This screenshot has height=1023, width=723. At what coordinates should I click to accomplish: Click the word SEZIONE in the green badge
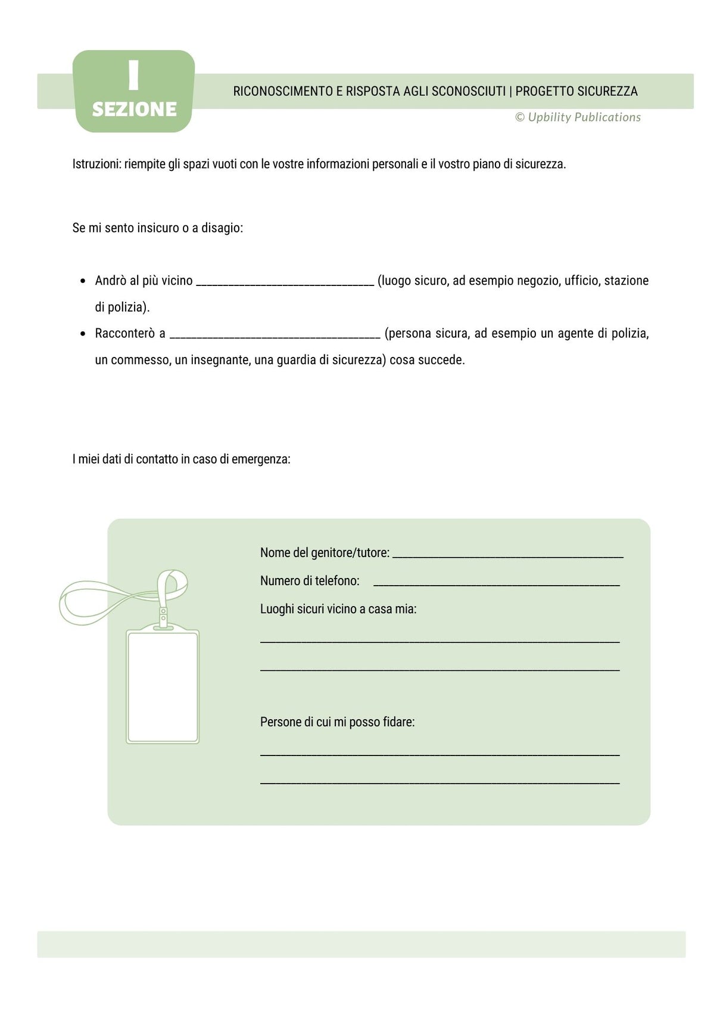click(x=134, y=110)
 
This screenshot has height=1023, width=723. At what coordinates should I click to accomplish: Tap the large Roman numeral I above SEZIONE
click(x=133, y=76)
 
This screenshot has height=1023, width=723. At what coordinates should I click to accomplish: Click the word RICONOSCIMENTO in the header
click(x=283, y=91)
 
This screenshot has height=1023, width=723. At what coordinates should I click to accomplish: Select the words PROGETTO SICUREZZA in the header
click(x=576, y=91)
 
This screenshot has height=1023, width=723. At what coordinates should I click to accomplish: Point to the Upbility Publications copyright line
click(x=578, y=117)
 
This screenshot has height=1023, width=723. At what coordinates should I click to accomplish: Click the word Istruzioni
click(x=96, y=164)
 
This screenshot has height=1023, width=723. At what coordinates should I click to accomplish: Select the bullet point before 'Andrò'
click(x=83, y=281)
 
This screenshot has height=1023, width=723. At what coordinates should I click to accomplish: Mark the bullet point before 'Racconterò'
click(x=83, y=334)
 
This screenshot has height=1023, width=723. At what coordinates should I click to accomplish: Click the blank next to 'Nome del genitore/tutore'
click(x=507, y=555)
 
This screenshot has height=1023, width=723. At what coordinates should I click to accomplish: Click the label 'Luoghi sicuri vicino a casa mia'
click(x=338, y=609)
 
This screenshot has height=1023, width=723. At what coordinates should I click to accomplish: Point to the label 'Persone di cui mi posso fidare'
click(x=337, y=722)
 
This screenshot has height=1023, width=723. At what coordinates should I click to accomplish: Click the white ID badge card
click(x=163, y=686)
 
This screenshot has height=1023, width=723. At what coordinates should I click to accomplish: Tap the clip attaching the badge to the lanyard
click(x=163, y=617)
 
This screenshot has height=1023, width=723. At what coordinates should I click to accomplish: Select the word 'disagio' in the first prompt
click(x=222, y=228)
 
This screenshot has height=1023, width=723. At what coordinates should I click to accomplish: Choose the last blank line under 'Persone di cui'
click(x=440, y=781)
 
